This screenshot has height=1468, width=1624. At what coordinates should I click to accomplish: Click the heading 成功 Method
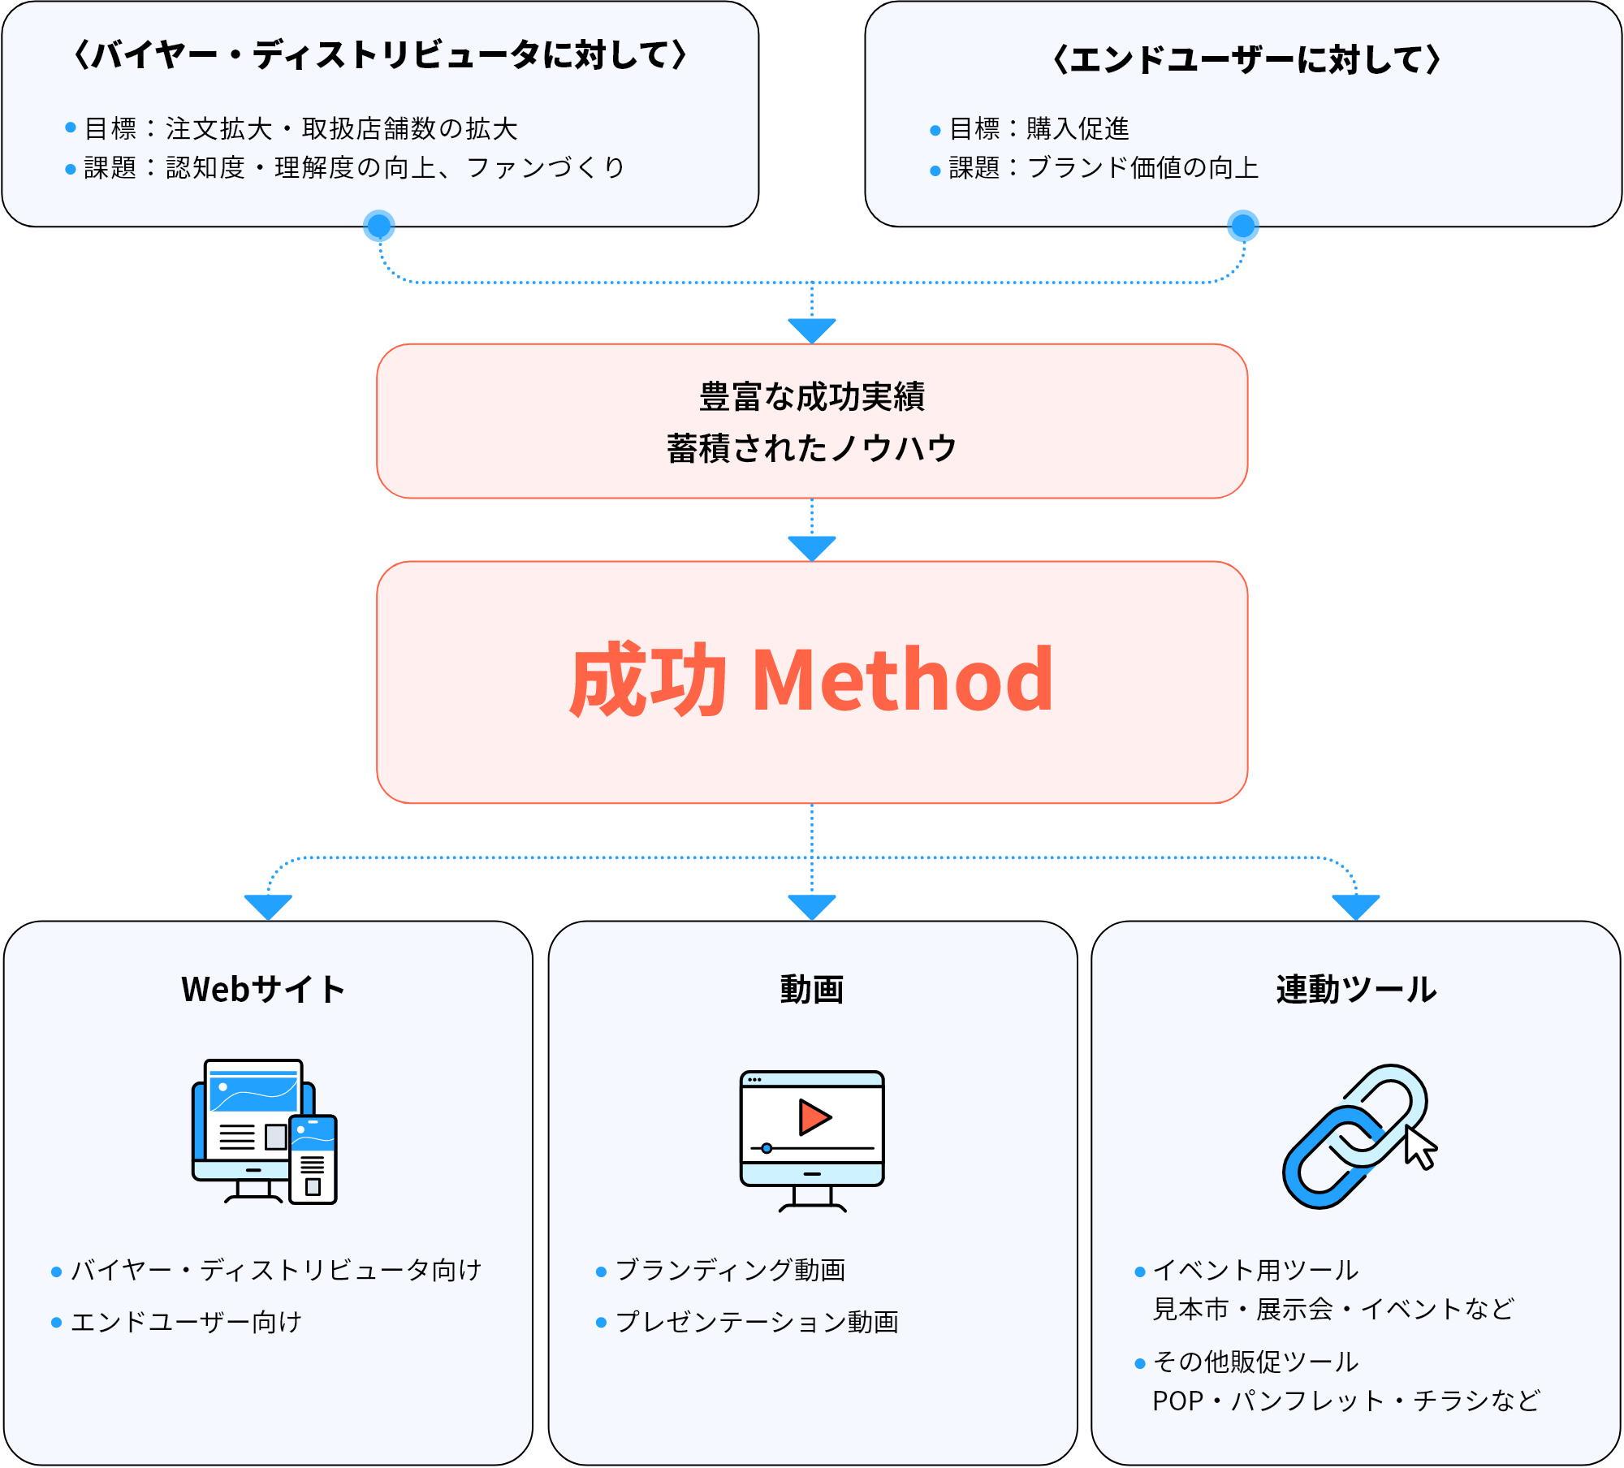[811, 680]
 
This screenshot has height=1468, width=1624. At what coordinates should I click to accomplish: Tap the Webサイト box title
[263, 990]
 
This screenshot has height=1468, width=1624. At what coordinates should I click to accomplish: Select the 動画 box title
[811, 990]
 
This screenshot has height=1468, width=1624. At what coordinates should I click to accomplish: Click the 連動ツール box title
[1356, 990]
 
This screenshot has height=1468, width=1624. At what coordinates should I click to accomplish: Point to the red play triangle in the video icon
[814, 1117]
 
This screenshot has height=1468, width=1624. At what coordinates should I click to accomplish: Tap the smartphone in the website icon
[313, 1159]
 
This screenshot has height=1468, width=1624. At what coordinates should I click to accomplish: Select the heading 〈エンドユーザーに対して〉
[1246, 59]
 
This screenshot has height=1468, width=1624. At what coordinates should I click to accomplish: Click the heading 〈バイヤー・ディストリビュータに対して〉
[380, 55]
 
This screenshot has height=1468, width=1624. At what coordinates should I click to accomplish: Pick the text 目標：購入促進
[1039, 128]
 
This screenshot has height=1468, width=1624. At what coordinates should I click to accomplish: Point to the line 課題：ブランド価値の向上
[1104, 168]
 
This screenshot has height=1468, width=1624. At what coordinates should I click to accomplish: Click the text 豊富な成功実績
[811, 397]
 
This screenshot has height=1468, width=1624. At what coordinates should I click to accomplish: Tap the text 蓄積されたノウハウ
[811, 448]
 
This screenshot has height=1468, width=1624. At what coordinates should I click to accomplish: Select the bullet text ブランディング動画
[730, 1271]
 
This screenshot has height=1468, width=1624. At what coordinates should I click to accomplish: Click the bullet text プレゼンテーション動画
[757, 1323]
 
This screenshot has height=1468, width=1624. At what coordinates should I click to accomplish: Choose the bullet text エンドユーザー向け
[186, 1323]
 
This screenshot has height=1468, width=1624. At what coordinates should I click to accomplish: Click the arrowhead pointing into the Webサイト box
[268, 906]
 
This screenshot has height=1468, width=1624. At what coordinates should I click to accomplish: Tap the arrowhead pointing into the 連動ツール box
[1356, 906]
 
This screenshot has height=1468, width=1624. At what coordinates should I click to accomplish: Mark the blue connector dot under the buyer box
[379, 227]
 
